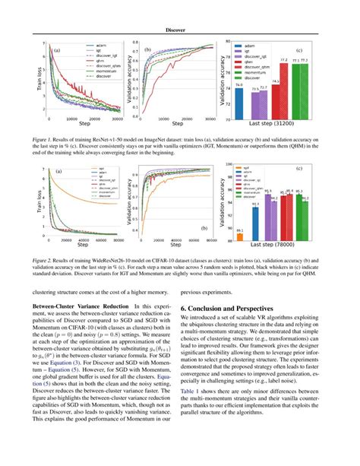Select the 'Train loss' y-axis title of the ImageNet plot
[39, 78]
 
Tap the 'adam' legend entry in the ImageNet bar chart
[247, 46]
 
